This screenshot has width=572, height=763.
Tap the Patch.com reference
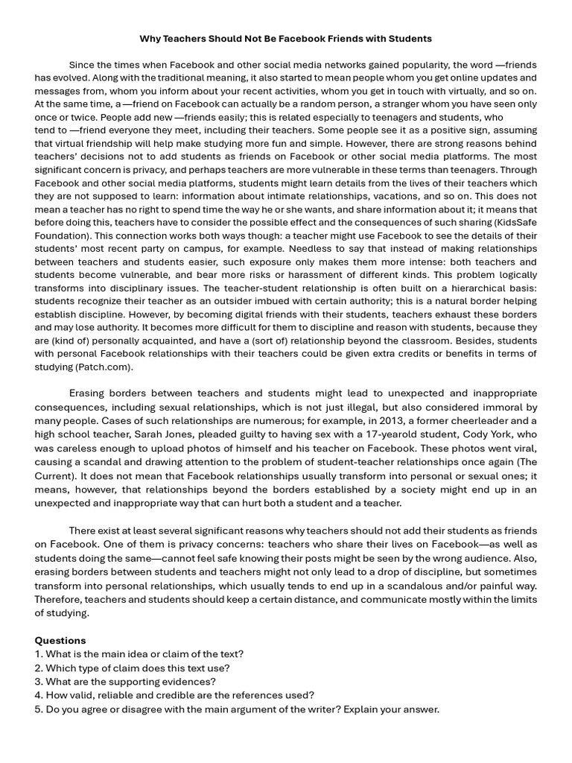pyautogui.click(x=105, y=367)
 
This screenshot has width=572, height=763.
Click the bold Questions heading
pyautogui.click(x=60, y=640)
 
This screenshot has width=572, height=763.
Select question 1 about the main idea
pyautogui.click(x=139, y=653)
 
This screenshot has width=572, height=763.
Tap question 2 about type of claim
pyautogui.click(x=133, y=668)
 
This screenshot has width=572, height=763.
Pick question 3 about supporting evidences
pyautogui.click(x=125, y=681)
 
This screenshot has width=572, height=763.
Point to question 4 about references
pyautogui.click(x=174, y=694)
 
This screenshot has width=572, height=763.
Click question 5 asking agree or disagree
pyautogui.click(x=237, y=709)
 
